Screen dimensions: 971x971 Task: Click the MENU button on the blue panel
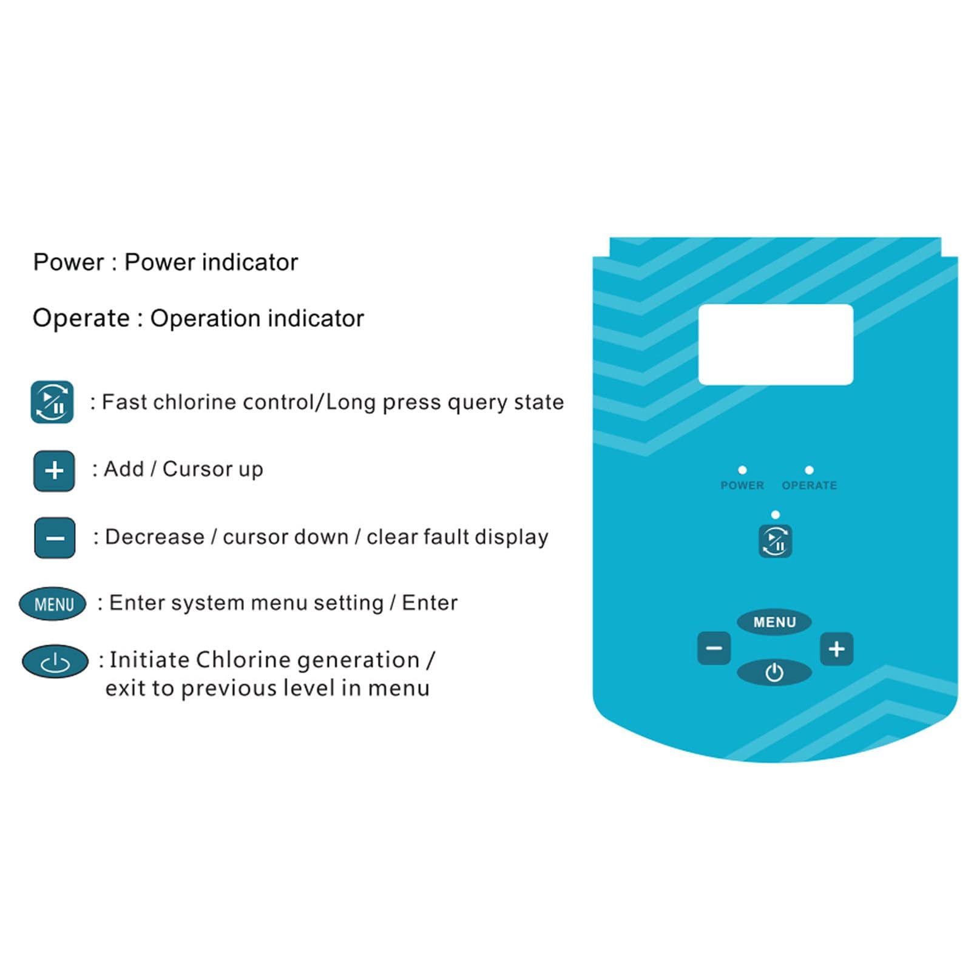click(774, 622)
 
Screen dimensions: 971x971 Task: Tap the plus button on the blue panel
click(836, 649)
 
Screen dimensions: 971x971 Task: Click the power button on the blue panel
click(774, 672)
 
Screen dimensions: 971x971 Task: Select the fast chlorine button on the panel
click(775, 541)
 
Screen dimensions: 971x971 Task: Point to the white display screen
click(776, 344)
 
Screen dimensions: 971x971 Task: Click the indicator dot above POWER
click(742, 470)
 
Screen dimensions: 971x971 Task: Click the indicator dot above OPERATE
click(809, 470)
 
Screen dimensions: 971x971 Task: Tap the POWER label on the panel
click(742, 486)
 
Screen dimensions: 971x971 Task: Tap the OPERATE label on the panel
click(810, 486)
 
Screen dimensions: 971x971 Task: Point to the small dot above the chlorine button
click(775, 515)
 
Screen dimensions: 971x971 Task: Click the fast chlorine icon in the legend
click(52, 402)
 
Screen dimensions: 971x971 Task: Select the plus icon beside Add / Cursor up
click(54, 470)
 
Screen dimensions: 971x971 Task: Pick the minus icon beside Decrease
click(55, 538)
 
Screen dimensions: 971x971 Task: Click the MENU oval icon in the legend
click(53, 604)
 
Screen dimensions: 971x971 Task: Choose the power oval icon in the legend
click(55, 661)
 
